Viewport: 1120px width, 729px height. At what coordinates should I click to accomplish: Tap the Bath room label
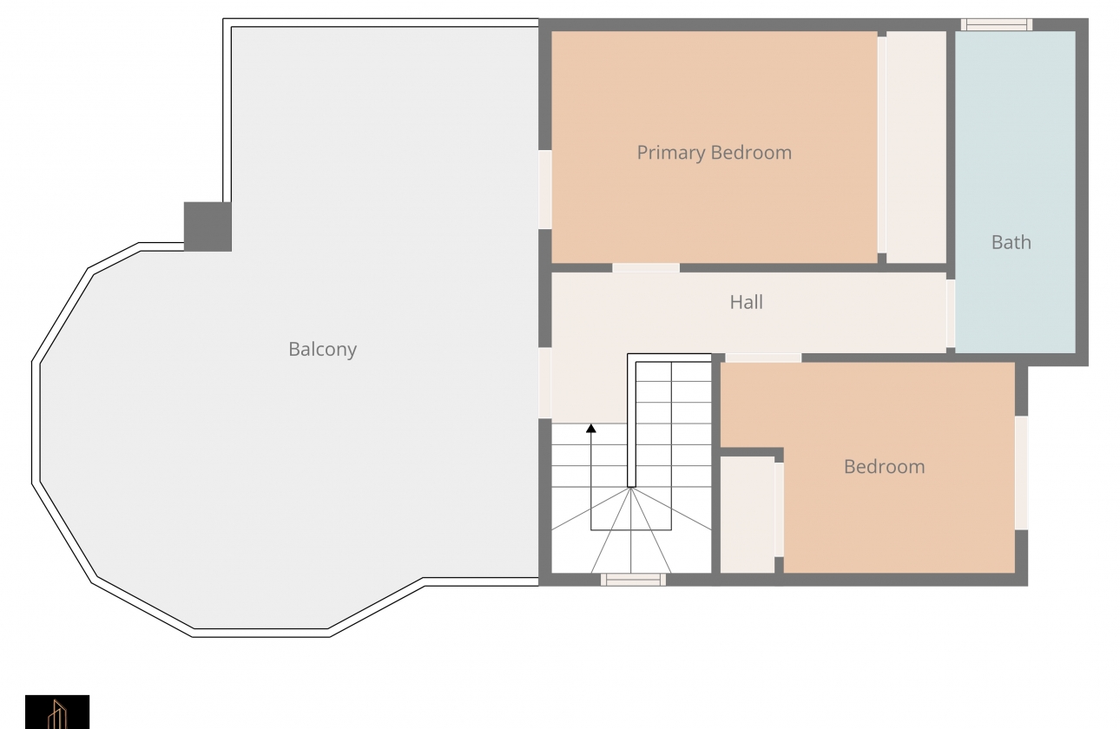pos(1011,242)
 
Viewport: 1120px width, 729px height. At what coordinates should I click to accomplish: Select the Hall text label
pos(746,302)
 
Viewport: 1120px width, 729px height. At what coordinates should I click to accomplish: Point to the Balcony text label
pos(322,349)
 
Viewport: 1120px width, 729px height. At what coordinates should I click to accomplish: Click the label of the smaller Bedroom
pos(884,467)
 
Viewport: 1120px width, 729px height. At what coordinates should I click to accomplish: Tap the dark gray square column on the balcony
pos(208,227)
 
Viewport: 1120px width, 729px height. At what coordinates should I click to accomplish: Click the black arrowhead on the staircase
pos(591,428)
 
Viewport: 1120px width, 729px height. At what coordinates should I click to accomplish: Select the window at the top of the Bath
pos(997,24)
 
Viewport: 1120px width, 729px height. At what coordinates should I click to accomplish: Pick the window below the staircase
pos(633,580)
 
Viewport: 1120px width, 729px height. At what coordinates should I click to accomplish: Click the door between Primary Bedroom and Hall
pos(646,268)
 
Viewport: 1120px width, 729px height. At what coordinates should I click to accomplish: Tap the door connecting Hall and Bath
pos(951,313)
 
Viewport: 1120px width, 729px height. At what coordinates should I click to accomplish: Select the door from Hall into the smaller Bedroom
pos(763,358)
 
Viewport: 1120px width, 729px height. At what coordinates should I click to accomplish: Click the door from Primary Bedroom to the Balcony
pos(545,190)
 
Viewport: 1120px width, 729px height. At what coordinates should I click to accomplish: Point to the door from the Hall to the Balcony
pos(545,383)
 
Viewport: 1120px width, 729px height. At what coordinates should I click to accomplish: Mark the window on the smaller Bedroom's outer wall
pos(1022,473)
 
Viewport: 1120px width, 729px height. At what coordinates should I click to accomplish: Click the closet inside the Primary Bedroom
pos(916,147)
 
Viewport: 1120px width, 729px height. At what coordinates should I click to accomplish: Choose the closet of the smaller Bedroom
pos(748,515)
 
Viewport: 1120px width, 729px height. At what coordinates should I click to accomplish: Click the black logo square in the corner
pos(57,712)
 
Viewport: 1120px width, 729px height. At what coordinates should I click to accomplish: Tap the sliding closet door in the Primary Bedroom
pos(882,145)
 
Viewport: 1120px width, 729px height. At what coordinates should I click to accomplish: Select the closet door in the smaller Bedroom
pos(779,509)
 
